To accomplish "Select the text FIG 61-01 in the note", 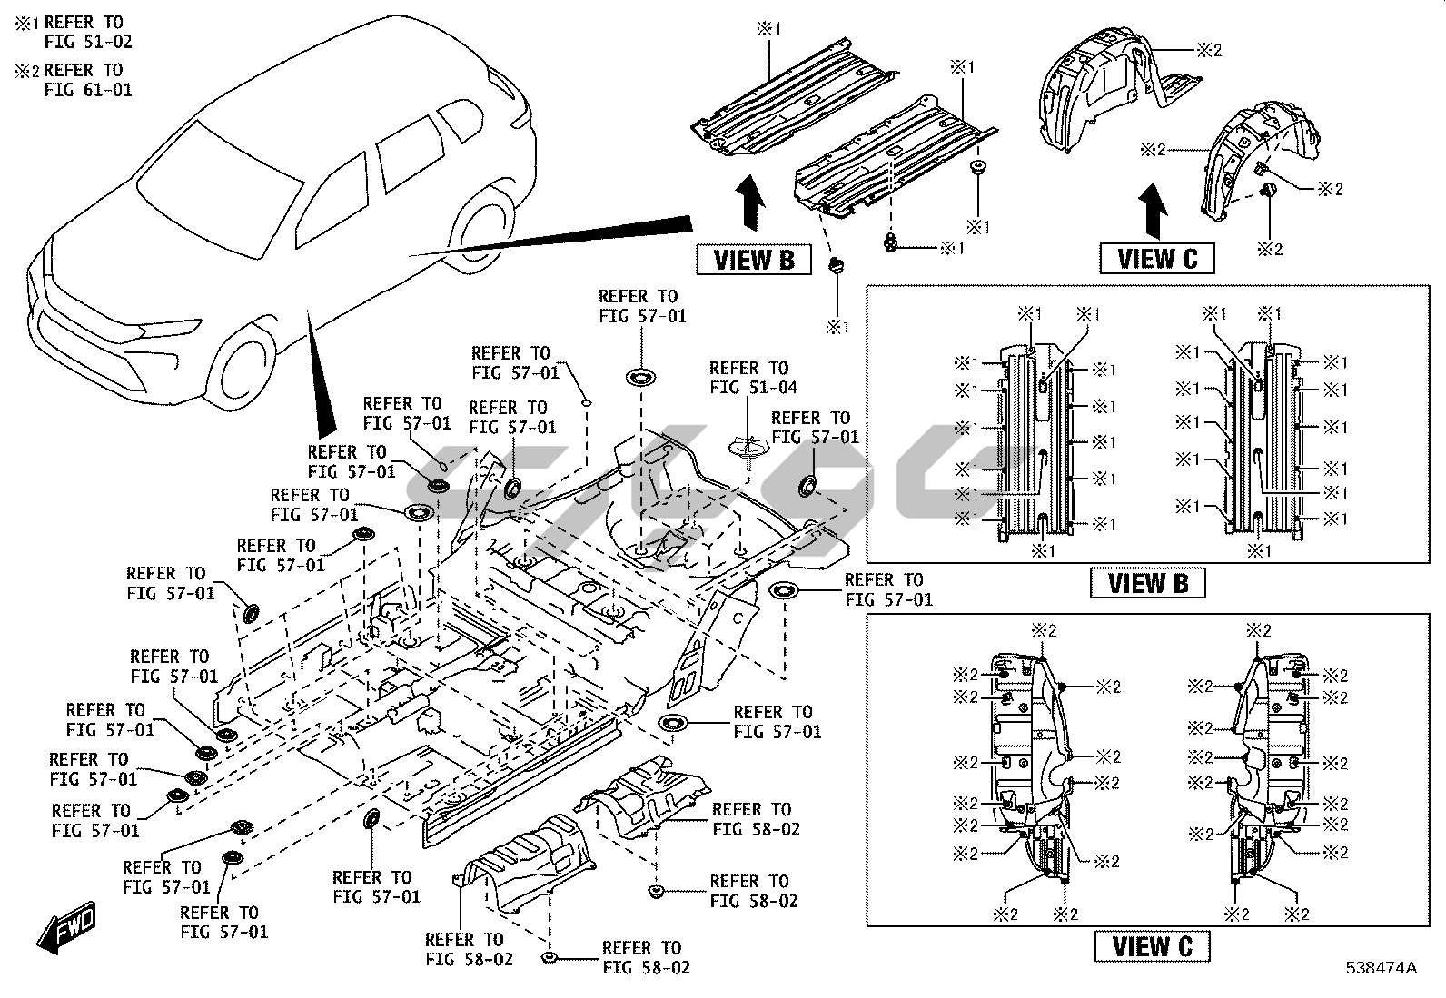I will (x=87, y=90).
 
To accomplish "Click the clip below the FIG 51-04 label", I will (x=748, y=449).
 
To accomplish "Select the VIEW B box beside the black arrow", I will (x=753, y=260).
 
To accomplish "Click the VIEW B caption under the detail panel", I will (x=1147, y=583).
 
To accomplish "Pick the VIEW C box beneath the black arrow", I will (x=1156, y=259).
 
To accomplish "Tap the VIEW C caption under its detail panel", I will (x=1151, y=946).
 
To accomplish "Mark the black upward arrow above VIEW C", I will (x=1154, y=210).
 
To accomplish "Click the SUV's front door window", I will (x=331, y=200).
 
